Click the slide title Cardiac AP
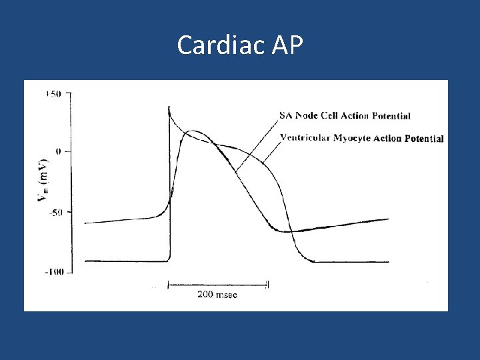click(x=240, y=45)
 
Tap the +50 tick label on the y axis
click(x=53, y=94)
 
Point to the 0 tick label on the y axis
click(x=59, y=152)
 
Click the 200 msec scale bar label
click(x=217, y=294)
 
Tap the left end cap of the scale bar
click(x=167, y=285)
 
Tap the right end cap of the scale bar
click(x=267, y=285)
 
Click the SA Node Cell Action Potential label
click(x=344, y=116)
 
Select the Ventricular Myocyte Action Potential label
click(x=361, y=139)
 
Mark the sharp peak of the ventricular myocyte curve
click(x=169, y=106)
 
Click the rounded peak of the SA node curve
click(x=193, y=131)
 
